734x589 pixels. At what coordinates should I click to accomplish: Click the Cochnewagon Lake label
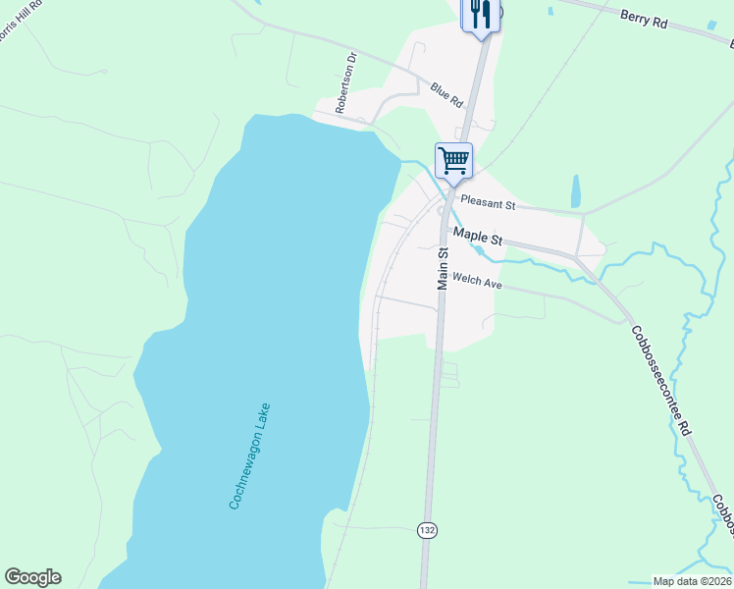click(249, 455)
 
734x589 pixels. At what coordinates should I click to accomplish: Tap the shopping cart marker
click(453, 159)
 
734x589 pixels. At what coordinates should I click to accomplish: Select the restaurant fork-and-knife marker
click(481, 14)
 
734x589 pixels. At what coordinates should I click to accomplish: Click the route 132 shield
click(427, 530)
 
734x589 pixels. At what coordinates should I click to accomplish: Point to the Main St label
click(443, 267)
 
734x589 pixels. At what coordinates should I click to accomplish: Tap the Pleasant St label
click(488, 205)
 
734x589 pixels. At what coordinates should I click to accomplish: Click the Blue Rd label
click(446, 94)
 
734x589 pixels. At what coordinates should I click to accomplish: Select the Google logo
click(32, 577)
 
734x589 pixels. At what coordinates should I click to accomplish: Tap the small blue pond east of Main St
click(575, 191)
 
